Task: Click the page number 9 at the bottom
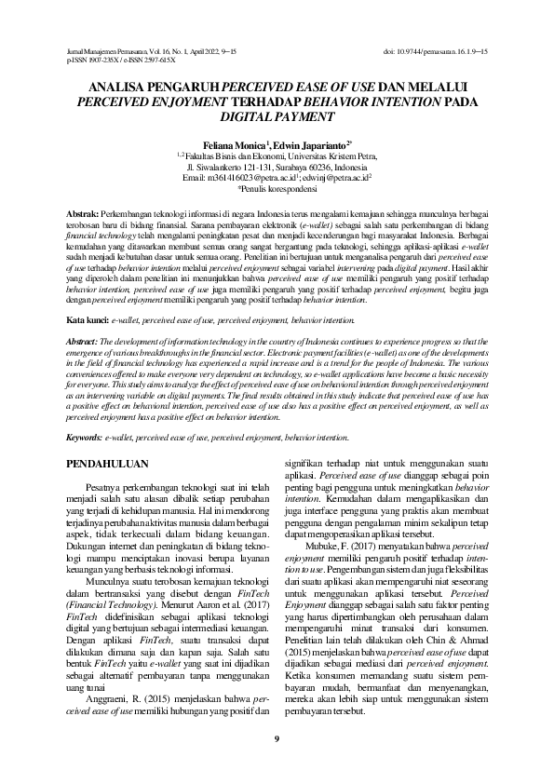[277, 738]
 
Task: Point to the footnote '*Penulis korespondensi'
[277, 185]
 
